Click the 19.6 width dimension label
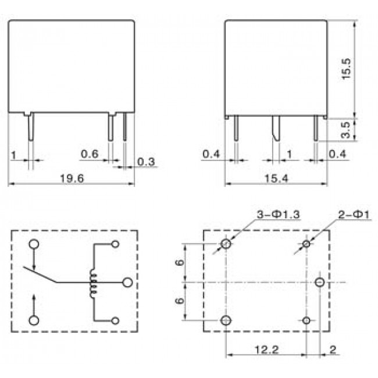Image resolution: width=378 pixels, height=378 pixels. (x=72, y=179)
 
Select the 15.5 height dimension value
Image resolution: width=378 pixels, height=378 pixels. (x=347, y=69)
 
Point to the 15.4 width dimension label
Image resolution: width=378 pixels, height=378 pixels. (x=277, y=179)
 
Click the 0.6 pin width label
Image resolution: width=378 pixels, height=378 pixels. (x=90, y=154)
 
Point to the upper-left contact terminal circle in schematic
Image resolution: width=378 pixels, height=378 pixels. (x=34, y=245)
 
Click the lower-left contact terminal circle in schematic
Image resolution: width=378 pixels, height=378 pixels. (x=34, y=320)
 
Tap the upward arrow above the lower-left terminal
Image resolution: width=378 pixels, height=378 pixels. (x=34, y=302)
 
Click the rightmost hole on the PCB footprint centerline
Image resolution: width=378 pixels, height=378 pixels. (x=319, y=283)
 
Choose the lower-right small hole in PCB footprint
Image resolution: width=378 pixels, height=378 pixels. (x=307, y=320)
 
